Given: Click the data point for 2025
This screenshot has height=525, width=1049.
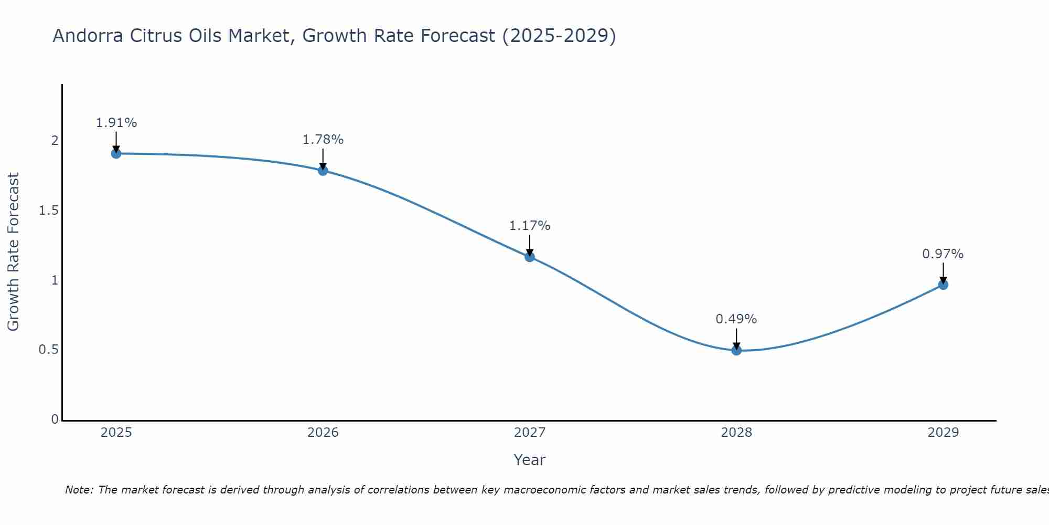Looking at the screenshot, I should [116, 153].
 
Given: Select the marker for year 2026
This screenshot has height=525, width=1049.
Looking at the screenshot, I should [323, 171].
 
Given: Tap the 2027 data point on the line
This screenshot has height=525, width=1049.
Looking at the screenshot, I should [529, 257].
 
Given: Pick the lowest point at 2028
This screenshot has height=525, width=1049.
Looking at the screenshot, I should [736, 350].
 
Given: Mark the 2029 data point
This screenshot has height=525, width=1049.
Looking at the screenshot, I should [943, 285].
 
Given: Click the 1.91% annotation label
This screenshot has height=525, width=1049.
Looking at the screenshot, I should [116, 123].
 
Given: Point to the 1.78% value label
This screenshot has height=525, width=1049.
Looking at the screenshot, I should [323, 140].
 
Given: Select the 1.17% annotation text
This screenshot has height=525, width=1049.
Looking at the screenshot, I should [529, 226].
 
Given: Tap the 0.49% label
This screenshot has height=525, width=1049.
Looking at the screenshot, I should [736, 319].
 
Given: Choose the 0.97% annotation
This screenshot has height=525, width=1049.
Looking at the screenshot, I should [943, 254].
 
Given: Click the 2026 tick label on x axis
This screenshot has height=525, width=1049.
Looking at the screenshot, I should [323, 433].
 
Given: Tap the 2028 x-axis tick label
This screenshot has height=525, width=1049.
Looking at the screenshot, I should [736, 433].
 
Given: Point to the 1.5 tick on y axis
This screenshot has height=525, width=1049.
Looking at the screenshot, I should [48, 211].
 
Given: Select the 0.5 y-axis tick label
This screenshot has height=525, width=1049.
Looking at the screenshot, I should [48, 350].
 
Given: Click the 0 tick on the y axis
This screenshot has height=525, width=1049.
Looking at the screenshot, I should [55, 419].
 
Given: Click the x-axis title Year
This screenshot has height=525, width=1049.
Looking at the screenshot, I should [529, 460].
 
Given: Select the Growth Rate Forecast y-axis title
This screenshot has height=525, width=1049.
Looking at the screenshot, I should [13, 251].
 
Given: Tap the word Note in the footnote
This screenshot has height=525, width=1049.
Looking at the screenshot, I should [79, 490].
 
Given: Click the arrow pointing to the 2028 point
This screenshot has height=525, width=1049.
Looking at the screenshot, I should [736, 338].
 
